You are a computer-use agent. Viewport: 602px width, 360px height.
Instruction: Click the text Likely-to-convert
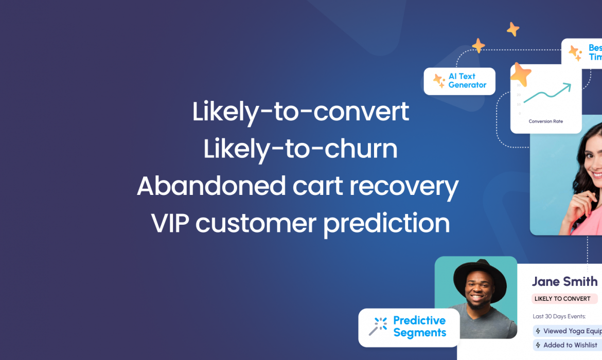300,112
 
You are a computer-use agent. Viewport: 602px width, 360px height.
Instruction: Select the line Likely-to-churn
300,149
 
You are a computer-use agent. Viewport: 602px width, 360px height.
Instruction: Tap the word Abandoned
211,186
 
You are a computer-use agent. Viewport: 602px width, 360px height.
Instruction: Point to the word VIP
170,223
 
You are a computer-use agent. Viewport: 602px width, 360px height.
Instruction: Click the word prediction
386,223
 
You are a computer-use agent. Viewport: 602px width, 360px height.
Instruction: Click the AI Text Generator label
467,81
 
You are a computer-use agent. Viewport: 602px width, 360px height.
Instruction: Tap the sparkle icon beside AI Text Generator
438,81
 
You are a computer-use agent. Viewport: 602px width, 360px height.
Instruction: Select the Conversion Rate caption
545,121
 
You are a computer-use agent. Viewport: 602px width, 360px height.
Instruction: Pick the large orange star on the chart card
520,75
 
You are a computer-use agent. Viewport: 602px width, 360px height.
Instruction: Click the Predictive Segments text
419,327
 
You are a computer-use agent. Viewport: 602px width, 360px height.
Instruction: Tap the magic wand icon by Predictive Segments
378,327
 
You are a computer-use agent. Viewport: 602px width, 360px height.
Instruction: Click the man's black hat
476,275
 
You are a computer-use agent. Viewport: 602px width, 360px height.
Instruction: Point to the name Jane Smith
564,281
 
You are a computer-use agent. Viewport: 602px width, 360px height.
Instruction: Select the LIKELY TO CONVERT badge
563,299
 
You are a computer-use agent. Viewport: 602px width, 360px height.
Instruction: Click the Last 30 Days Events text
559,316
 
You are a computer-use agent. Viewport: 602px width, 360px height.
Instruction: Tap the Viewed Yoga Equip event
568,331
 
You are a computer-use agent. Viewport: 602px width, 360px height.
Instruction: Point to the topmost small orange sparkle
512,29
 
